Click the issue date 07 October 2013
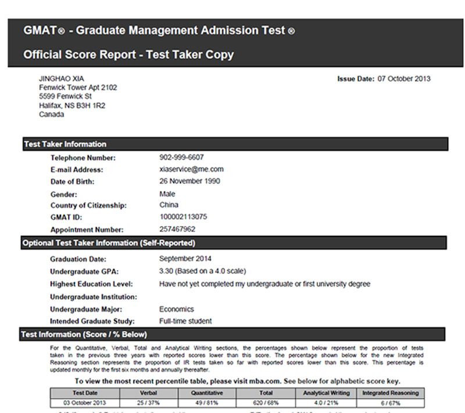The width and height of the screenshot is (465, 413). point(404,79)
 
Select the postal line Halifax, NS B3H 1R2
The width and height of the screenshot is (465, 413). point(72,106)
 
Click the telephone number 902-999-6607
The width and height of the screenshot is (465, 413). point(181,157)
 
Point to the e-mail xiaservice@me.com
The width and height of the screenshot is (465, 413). point(191,170)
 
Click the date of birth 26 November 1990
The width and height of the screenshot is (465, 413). point(189,181)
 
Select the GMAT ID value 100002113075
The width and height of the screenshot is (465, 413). point(183,217)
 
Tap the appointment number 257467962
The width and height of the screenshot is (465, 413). point(177,229)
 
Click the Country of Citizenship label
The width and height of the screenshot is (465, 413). point(88,206)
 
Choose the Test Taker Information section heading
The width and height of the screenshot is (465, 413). point(65,144)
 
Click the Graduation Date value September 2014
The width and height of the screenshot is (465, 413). point(185,259)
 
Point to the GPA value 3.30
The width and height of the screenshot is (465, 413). point(166,271)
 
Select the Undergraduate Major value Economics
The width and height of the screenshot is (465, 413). point(177,309)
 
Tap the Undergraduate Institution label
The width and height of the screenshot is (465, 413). point(94,297)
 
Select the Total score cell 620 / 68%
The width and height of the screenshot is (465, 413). point(266,403)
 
